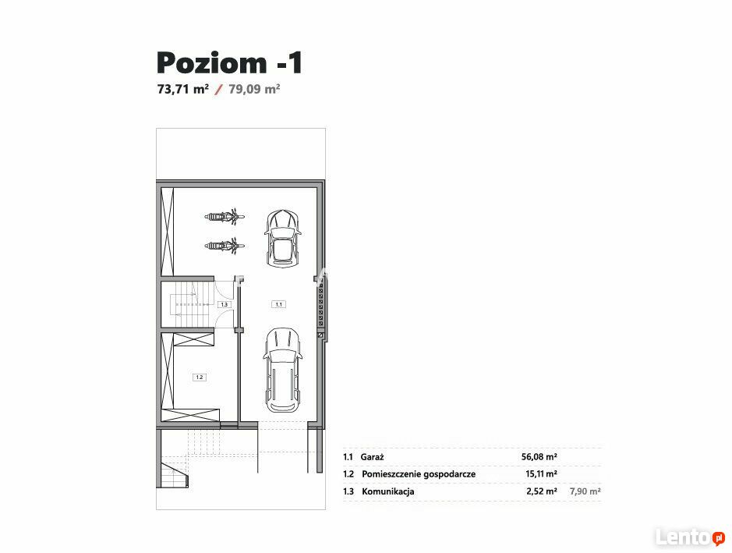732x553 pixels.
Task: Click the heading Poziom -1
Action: tap(230, 63)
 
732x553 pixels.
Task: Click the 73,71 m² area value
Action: tap(183, 89)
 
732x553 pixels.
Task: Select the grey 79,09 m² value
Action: tap(254, 89)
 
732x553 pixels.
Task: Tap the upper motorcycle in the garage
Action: tap(225, 216)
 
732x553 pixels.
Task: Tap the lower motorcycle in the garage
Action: tap(225, 245)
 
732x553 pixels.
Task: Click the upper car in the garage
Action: tap(282, 238)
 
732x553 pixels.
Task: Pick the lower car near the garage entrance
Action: tap(282, 370)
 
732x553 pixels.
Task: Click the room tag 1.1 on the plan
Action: tap(279, 304)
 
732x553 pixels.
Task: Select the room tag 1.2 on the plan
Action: tap(200, 378)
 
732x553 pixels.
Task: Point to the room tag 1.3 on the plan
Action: tap(224, 304)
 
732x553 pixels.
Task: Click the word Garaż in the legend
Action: tap(372, 457)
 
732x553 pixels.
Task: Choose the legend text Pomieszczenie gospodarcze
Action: tap(419, 474)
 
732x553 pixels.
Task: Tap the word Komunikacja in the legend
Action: tap(388, 491)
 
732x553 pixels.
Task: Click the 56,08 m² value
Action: tap(539, 457)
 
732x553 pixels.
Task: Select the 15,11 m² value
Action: tap(541, 473)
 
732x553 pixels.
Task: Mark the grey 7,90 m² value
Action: tap(585, 491)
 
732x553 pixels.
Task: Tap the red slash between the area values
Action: tap(218, 90)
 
